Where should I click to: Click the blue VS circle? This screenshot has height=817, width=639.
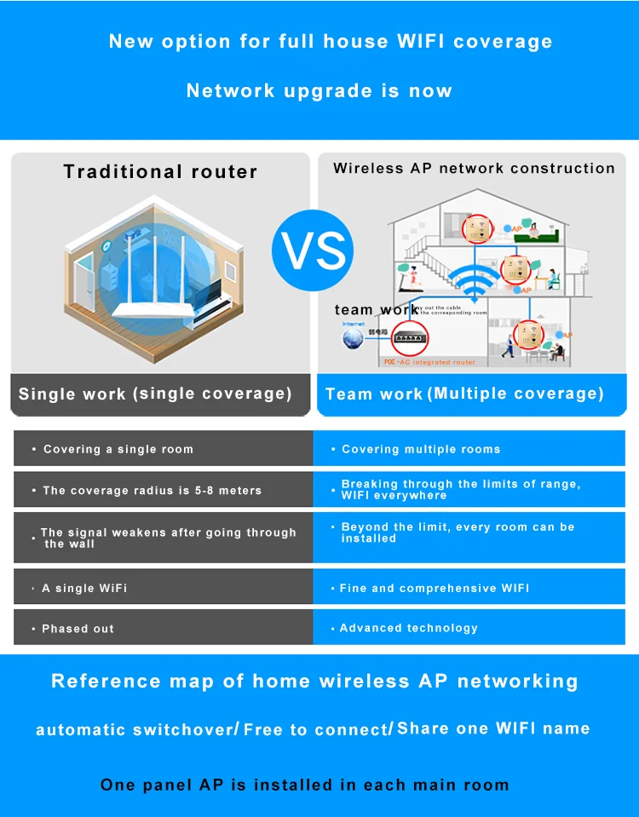(x=313, y=250)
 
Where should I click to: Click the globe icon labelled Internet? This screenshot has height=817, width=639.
(x=352, y=338)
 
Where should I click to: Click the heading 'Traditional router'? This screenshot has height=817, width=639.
(x=160, y=171)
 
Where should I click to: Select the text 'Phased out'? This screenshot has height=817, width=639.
(x=78, y=629)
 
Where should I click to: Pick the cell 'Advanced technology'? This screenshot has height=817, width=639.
(x=409, y=628)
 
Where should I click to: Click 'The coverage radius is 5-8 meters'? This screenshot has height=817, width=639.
(x=153, y=491)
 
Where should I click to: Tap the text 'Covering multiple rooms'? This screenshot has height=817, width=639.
(x=421, y=449)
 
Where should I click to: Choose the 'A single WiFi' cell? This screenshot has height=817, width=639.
(x=84, y=588)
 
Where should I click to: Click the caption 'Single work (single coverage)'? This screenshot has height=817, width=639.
(x=155, y=394)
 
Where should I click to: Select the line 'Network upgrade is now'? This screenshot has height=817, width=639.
(x=319, y=91)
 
